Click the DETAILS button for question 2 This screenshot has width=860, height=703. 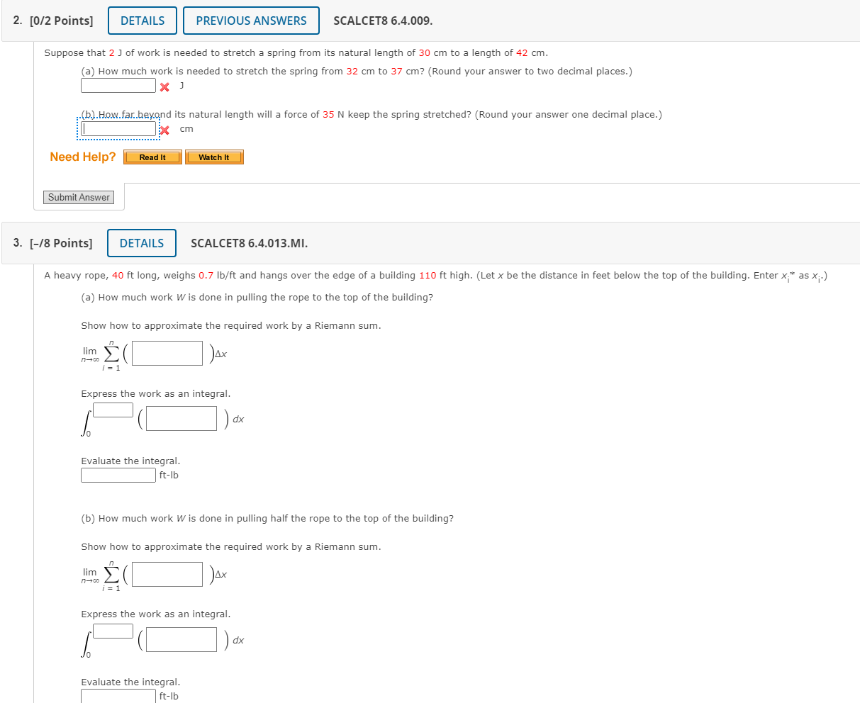click(x=143, y=21)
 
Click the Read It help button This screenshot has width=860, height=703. click(x=152, y=157)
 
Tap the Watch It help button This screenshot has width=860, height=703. click(x=214, y=157)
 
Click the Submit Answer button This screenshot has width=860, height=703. click(x=79, y=198)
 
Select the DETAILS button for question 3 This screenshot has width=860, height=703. click(x=142, y=243)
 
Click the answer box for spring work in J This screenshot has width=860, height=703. click(x=118, y=86)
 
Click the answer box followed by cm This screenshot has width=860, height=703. click(x=118, y=129)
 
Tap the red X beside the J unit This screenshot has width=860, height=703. click(x=164, y=87)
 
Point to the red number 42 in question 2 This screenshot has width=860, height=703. click(x=522, y=53)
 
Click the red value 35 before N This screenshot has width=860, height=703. click(x=328, y=115)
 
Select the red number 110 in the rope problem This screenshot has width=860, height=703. click(x=428, y=276)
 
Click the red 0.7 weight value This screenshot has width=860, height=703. click(x=206, y=276)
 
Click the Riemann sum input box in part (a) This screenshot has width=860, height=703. click(x=167, y=354)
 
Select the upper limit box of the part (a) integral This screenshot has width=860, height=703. click(x=113, y=410)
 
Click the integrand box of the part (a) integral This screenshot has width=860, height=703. click(x=182, y=419)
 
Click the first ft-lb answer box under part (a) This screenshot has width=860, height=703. click(x=118, y=475)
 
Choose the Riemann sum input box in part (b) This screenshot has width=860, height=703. click(x=167, y=575)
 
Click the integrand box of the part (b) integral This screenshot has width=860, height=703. click(x=182, y=640)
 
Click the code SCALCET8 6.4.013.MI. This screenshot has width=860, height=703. click(x=250, y=243)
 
